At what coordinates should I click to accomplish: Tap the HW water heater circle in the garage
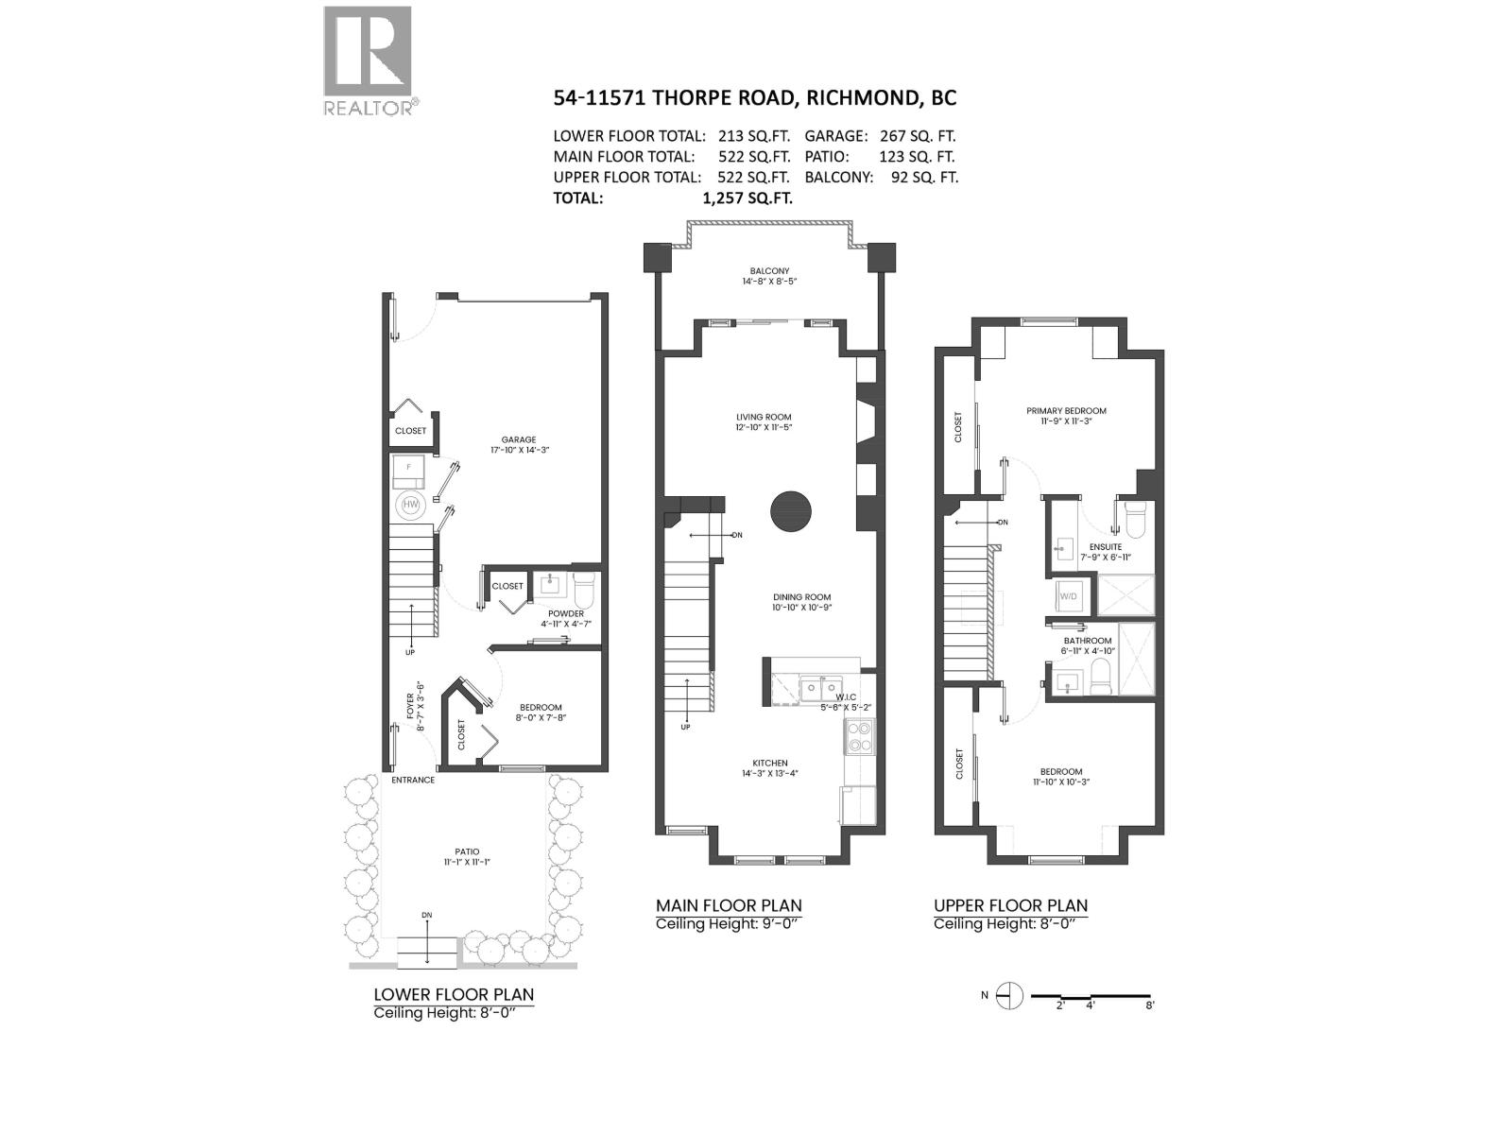[411, 505]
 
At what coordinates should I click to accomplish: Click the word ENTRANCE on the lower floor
[413, 780]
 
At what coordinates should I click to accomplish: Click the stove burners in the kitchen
[860, 736]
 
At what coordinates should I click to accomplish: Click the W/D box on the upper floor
[1069, 596]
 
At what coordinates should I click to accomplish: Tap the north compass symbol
[1010, 995]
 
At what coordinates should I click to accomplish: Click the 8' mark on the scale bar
[1149, 1005]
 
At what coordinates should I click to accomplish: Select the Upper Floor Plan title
[1010, 905]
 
